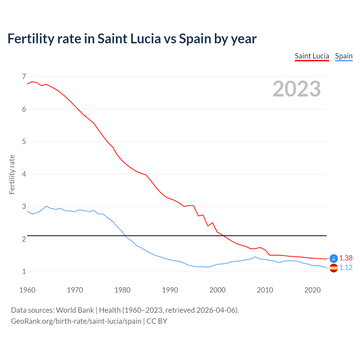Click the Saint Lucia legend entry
coord(312,56)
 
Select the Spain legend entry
coord(344,56)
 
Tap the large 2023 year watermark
coord(296,89)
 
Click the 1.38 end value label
coord(346,258)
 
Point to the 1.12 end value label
coord(346,267)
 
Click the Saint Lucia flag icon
coord(334,258)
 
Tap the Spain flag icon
coord(334,268)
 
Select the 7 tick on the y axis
coord(24,76)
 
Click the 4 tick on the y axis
coord(24,174)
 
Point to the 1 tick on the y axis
coord(24,272)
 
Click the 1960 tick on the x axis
coord(27,290)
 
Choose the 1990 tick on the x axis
coord(170,290)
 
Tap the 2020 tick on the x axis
coord(312,290)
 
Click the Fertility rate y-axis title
coord(12,174)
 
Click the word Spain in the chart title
coord(195,39)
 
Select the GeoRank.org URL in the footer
coord(76,321)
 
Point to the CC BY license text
coord(157,321)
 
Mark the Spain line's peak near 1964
coord(46,206)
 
